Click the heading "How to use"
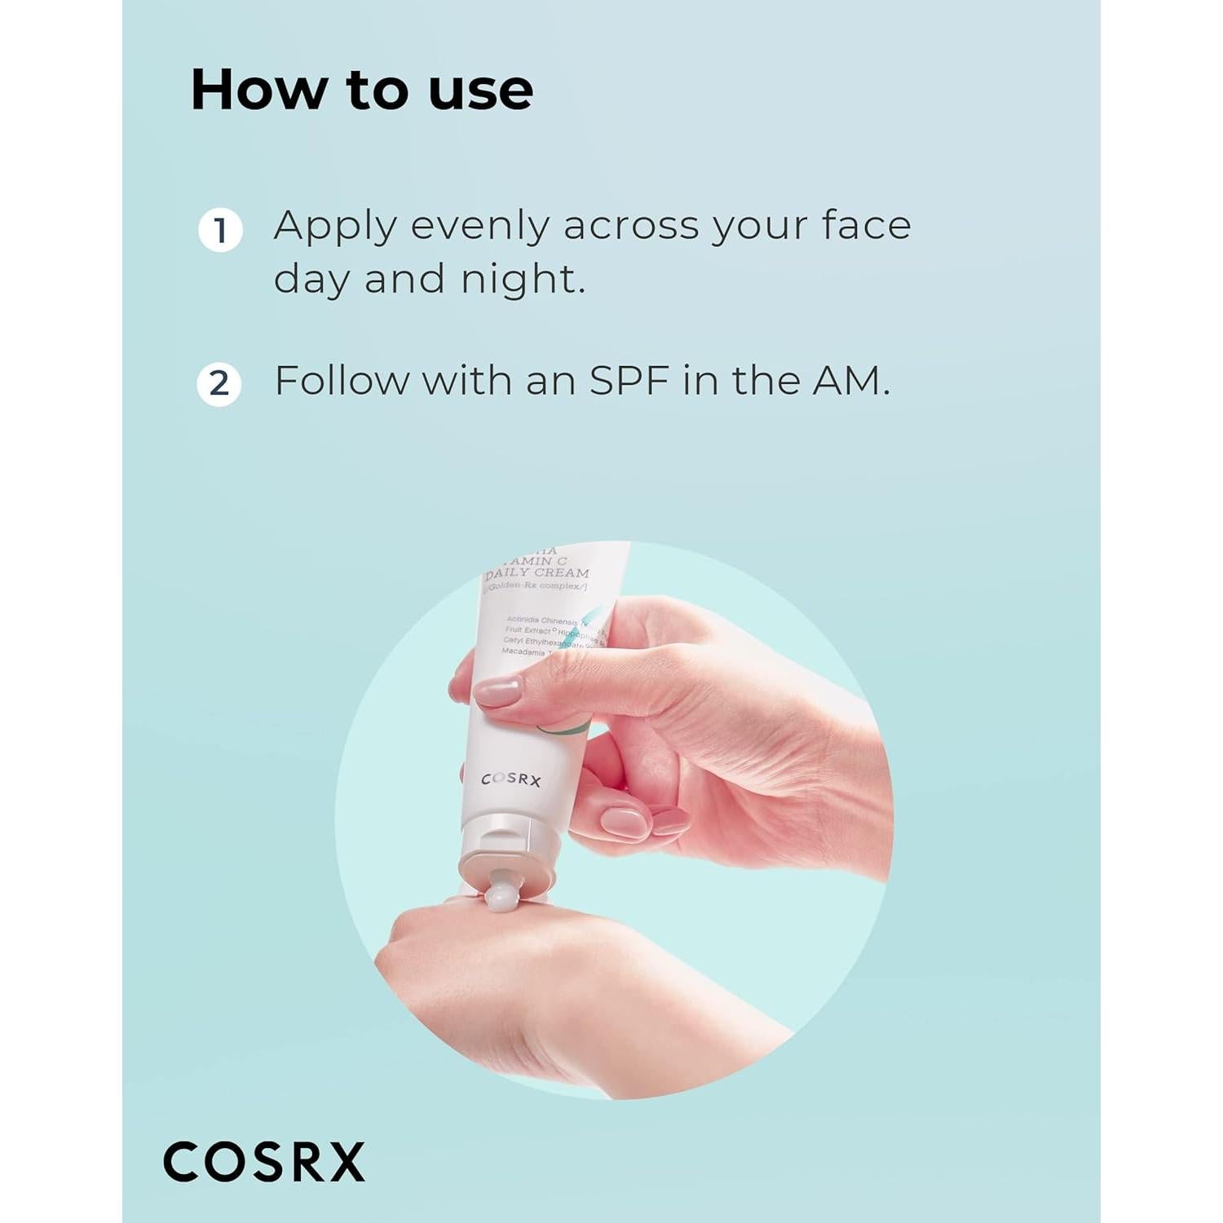pos(361,90)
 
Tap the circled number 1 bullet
pos(220,231)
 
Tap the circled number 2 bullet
pos(219,383)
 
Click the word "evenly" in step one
pos(479,227)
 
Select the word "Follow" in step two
pos(341,380)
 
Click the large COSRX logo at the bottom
pos(264,1162)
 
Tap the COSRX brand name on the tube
pos(511,779)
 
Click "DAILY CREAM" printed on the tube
pos(537,573)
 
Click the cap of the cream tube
pos(507,856)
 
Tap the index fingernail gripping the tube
pos(497,692)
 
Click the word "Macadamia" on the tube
pos(523,651)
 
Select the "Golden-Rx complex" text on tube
pos(536,586)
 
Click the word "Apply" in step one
pos(335,227)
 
